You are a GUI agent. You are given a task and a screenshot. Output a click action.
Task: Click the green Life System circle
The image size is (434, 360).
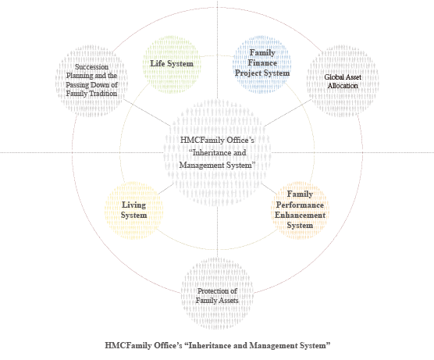[172, 64]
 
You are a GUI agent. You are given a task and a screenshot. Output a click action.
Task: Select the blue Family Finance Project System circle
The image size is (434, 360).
[261, 64]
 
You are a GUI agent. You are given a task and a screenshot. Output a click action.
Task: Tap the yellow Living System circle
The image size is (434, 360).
[133, 211]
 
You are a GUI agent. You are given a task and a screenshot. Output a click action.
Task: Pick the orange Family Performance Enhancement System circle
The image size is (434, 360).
[300, 211]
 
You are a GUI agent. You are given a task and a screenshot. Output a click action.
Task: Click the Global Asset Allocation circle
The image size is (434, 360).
[343, 81]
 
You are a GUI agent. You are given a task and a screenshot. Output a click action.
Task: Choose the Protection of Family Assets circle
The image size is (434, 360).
[217, 294]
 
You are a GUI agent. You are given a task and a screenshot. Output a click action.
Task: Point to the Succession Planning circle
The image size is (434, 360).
[91, 81]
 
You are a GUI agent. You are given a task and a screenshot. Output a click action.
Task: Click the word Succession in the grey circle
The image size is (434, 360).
[91, 67]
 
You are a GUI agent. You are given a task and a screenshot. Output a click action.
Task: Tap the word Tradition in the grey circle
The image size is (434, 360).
[102, 94]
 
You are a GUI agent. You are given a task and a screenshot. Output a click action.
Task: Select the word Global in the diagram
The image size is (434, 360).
[334, 77]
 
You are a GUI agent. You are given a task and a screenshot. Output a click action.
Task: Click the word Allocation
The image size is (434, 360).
[343, 86]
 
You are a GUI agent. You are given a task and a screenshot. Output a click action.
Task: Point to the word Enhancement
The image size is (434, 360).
[300, 216]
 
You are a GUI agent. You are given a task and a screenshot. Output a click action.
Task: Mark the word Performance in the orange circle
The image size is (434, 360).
[300, 205]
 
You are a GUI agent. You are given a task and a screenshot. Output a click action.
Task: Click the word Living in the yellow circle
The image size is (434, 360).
[133, 205]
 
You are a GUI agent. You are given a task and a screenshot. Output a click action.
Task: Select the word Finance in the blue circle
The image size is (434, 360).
[262, 62]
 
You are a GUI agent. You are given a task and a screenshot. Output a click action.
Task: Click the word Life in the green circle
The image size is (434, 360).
[157, 63]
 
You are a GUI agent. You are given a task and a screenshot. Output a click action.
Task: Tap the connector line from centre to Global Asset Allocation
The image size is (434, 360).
[288, 113]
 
